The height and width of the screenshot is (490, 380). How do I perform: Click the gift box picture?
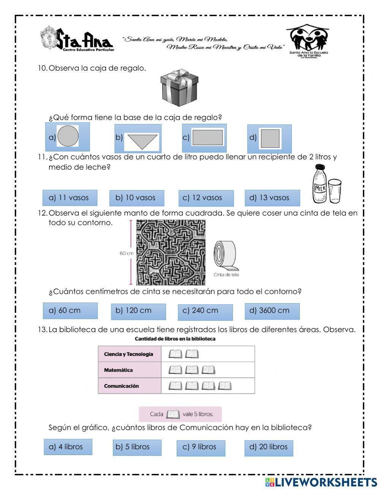click(x=179, y=87)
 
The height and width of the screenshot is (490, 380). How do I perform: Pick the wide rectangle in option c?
click(x=207, y=137)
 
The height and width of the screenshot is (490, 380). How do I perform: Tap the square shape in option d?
click(x=271, y=138)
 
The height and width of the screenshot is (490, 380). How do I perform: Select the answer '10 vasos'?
click(x=136, y=198)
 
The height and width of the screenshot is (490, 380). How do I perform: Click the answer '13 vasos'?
click(x=272, y=198)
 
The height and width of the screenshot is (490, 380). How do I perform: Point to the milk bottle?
click(x=320, y=184)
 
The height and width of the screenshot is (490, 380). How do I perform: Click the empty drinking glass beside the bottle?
click(x=335, y=191)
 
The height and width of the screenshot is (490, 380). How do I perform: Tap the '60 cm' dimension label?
click(x=126, y=253)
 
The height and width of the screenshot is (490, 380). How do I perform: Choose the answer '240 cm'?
click(x=205, y=311)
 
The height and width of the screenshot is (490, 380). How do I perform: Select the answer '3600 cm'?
click(x=272, y=311)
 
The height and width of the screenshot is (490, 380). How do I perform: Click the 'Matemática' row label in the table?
click(x=118, y=370)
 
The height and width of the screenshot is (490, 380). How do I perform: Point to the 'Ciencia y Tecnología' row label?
click(x=128, y=354)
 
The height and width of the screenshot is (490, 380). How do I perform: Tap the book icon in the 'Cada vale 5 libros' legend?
click(x=173, y=414)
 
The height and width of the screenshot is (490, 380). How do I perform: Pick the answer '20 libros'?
click(x=269, y=447)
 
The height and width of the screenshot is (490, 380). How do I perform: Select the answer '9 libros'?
click(x=201, y=447)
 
